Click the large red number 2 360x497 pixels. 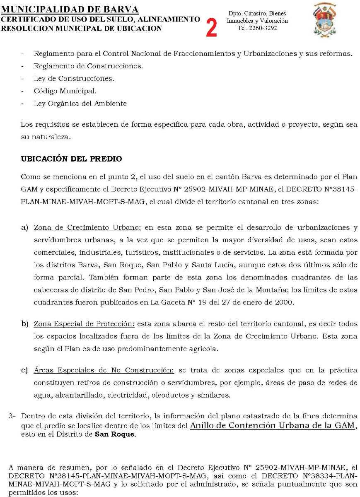click(211, 27)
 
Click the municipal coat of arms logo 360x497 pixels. click(325, 19)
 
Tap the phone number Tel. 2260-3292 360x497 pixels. click(257, 28)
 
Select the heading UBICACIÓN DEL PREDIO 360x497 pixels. click(71, 159)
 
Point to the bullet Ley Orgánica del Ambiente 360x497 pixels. click(80, 104)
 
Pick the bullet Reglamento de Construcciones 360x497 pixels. click(88, 66)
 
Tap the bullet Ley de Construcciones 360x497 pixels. click(74, 78)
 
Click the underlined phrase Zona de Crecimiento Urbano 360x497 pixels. click(87, 228)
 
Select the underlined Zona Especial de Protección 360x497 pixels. click(84, 323)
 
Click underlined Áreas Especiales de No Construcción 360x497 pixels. click(104, 370)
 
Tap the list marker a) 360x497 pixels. click(24, 228)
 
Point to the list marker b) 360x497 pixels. click(24, 323)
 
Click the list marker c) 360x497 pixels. click(24, 370)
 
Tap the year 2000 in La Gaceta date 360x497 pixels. click(285, 302)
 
